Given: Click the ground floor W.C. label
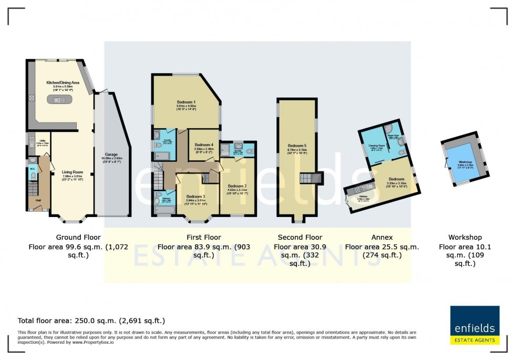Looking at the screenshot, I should click(x=33, y=169).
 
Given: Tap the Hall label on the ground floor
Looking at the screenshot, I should click(x=38, y=200).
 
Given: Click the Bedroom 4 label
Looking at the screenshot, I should click(x=204, y=145).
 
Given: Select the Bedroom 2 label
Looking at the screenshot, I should click(x=237, y=186).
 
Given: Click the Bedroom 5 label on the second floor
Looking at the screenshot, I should click(x=297, y=146).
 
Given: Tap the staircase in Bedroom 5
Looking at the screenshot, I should click(x=306, y=178).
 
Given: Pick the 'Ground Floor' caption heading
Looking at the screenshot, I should click(x=78, y=238).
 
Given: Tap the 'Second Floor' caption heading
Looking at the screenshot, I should click(x=300, y=238).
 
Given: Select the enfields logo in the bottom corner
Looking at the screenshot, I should click(x=474, y=325).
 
